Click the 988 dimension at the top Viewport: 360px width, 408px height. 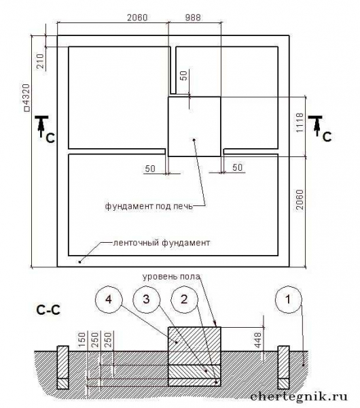coord(193,18)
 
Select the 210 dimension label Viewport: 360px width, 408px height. coord(41,61)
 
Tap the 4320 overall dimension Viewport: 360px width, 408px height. coord(27,98)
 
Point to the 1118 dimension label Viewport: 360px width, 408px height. coord(300,122)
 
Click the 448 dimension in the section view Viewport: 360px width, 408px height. coord(257,340)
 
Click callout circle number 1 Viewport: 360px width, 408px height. coord(289,300)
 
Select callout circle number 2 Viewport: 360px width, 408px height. coord(184,300)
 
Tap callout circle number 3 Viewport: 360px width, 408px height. coord(146,300)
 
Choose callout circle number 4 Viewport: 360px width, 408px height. coord(109,300)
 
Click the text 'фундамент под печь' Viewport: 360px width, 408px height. coord(149,206)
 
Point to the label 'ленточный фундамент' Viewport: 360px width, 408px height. coord(162,243)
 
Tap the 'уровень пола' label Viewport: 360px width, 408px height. coord(171,276)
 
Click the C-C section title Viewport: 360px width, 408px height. coord(48,309)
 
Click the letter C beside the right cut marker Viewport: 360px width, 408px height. coord(327,137)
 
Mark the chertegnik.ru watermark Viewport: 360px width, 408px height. coord(299,396)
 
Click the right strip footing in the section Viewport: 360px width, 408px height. coord(283,367)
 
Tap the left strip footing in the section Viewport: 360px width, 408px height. coord(62,367)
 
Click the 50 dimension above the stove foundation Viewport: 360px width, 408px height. coord(184,75)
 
